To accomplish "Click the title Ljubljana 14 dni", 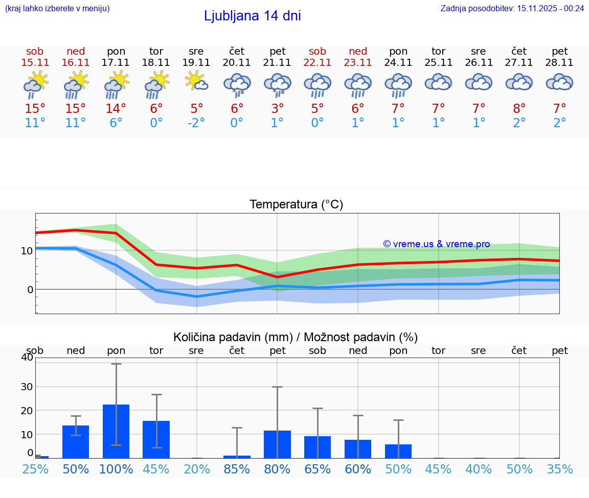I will point(252,16).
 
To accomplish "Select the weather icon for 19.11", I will point(196,82).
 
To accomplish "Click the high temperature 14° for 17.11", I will point(116,109).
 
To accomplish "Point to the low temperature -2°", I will point(196,123).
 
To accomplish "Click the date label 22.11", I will point(318,62).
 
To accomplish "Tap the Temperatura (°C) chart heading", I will point(296,204).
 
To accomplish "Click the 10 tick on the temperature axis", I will point(27,251).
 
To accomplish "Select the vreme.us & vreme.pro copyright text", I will point(436,244).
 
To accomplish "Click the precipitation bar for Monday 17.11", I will point(116,431).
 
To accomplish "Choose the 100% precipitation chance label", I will point(116,469).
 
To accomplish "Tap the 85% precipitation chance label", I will point(237,469).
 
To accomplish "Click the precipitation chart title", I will point(296,337).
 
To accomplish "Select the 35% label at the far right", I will point(559,469).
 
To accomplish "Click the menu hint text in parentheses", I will point(57,8).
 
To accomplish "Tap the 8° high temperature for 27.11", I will point(519,109).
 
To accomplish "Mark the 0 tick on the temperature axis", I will point(30,290).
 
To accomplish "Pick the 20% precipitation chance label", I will point(197,469).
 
